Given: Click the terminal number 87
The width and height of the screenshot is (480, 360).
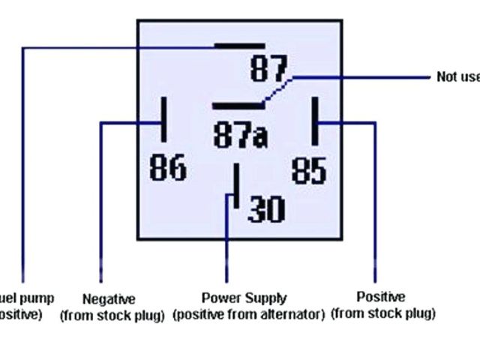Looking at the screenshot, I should (x=269, y=70).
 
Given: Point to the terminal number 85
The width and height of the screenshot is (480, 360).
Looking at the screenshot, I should (x=309, y=169).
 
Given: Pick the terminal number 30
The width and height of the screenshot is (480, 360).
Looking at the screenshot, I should (x=266, y=209).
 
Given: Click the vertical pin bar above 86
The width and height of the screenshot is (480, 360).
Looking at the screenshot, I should (x=163, y=118).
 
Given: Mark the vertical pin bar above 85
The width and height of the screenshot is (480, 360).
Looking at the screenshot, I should (x=316, y=121).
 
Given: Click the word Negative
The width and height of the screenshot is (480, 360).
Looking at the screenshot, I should (x=109, y=298).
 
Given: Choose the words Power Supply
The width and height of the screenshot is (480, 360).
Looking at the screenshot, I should (x=244, y=298).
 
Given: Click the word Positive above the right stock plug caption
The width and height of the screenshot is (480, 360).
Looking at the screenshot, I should (x=380, y=297).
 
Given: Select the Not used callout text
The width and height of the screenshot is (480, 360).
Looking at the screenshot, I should (x=457, y=77).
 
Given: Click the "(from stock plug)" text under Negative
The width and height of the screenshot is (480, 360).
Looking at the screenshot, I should (x=112, y=315).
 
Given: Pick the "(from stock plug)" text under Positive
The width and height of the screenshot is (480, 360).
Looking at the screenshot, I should (x=382, y=313).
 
